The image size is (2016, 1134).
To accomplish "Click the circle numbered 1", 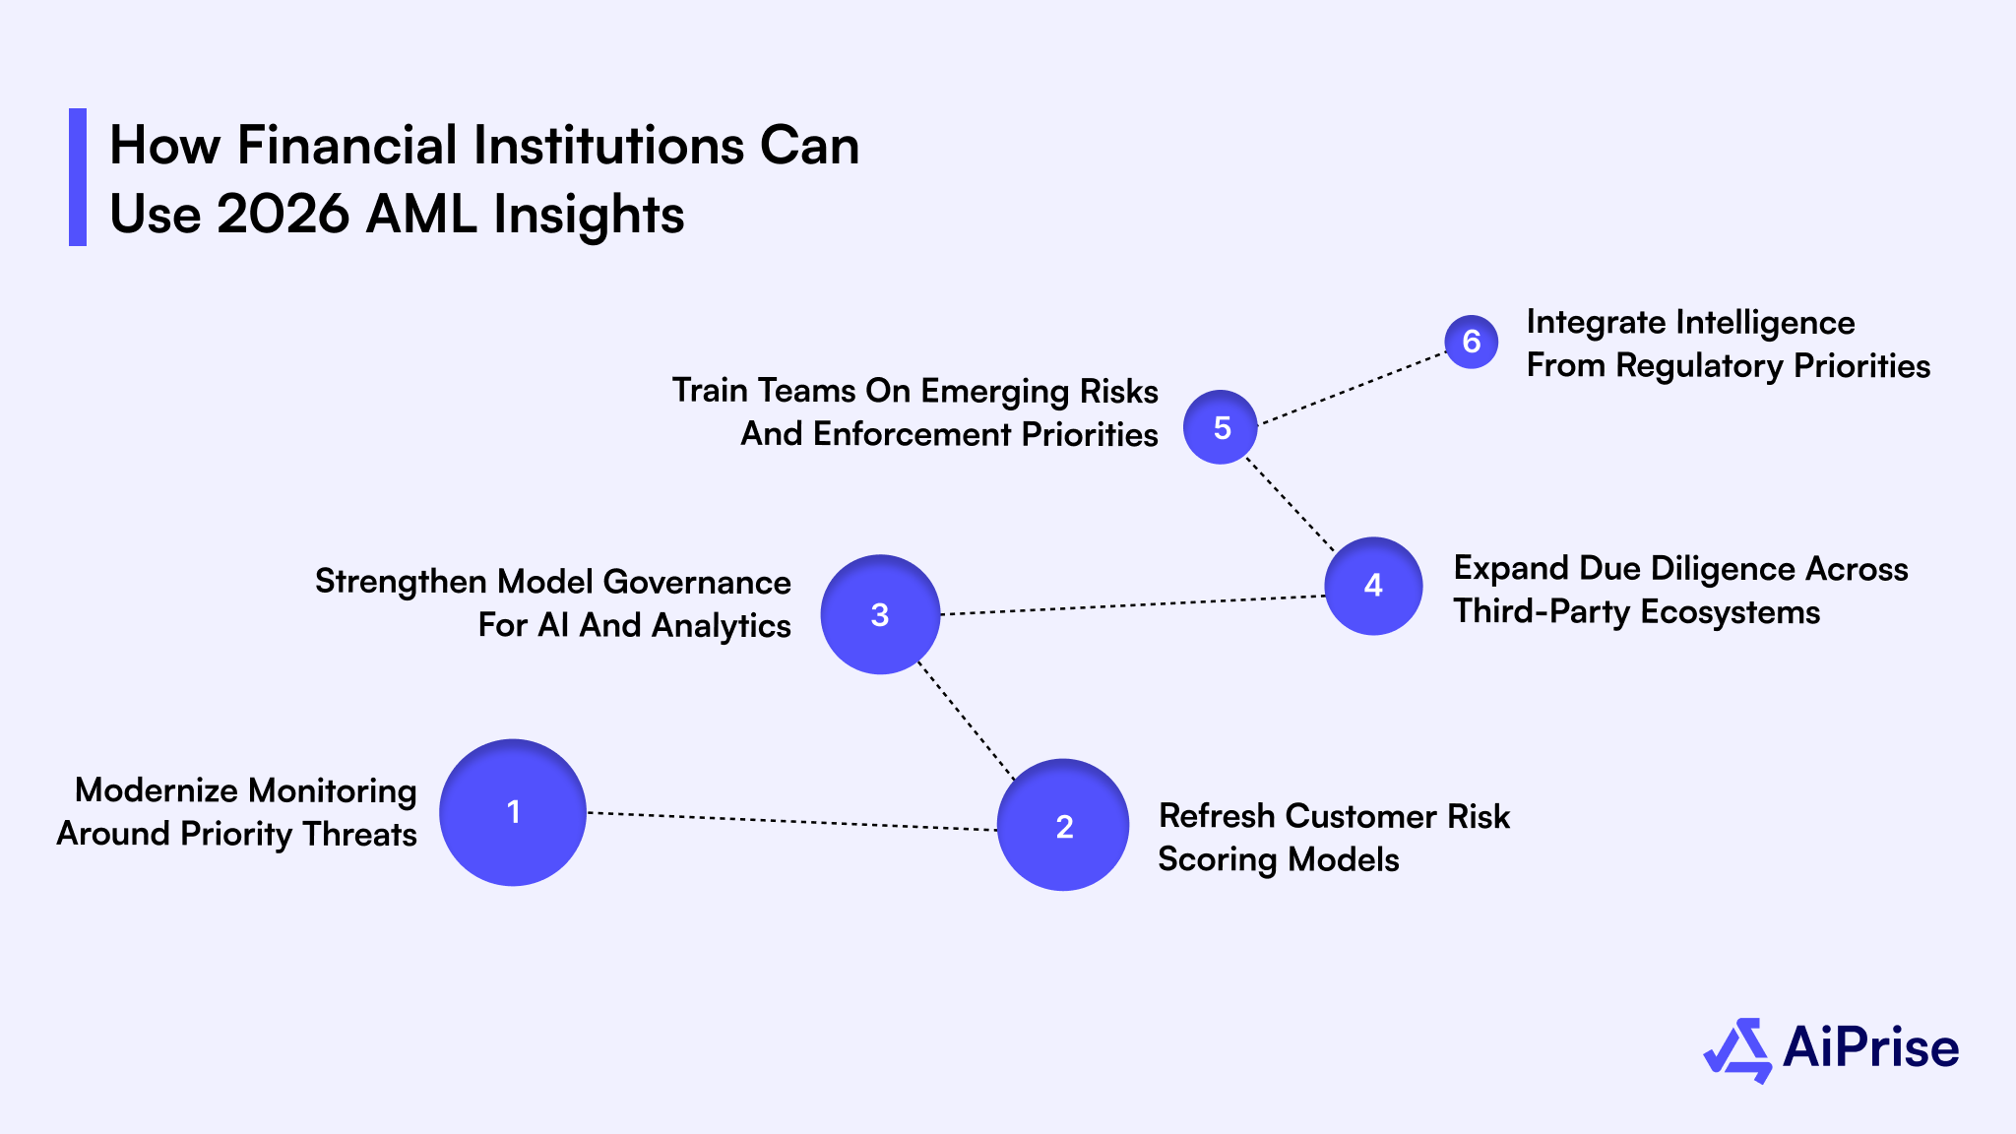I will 513,812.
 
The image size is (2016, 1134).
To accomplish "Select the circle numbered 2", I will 1063,825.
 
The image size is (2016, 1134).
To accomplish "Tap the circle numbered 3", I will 880,614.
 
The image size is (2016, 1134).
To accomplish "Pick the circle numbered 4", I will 1373,586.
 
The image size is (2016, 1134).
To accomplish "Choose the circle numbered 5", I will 1221,427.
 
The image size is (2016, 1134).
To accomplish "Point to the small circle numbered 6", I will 1471,342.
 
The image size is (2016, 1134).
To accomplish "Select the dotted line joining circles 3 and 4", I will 1132,605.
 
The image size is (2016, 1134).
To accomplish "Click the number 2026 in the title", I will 283,214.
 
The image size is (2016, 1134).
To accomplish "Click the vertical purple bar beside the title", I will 78,177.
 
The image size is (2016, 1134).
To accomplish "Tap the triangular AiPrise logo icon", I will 1738,1050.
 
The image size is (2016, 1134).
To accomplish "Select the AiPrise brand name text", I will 1870,1047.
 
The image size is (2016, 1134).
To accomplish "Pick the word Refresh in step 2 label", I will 1217,816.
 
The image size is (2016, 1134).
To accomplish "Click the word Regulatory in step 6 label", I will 1699,366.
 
